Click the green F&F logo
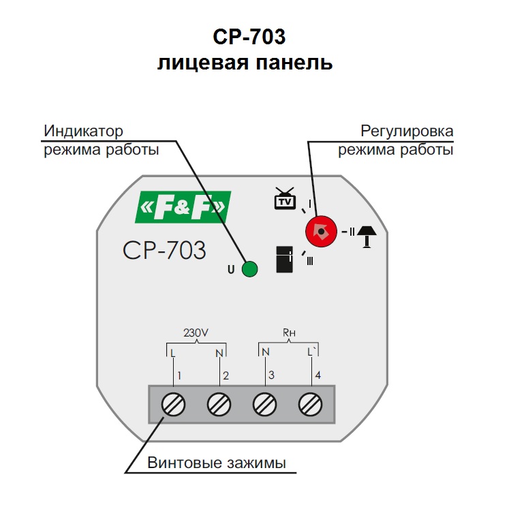183,207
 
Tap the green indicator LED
249,269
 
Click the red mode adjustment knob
321,232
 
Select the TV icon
285,198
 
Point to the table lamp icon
367,237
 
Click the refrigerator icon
285,260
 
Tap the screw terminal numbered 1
173,405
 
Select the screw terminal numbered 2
219,405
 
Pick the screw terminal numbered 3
264,405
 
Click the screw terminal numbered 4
311,405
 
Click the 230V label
196,332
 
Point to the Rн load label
289,332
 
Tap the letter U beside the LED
231,270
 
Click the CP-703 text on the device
164,250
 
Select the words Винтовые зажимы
217,463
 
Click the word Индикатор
83,131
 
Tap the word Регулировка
407,131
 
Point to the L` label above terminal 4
311,352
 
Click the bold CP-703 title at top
249,36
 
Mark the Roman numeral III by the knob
310,261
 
